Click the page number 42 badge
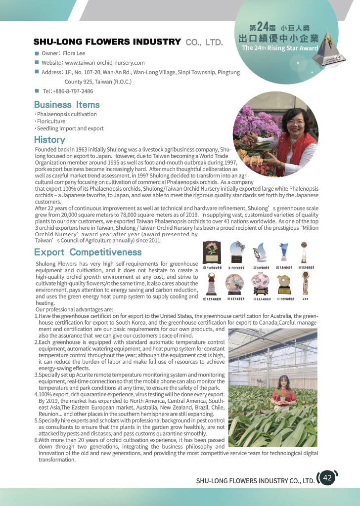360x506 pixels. pos(327,478)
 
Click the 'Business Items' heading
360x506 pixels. pos(67,105)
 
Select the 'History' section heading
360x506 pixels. pos(49,140)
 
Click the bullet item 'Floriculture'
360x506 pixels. pos(50,121)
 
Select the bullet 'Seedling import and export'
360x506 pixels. pos(69,128)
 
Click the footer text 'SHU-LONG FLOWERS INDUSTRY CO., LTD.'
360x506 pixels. pos(255,480)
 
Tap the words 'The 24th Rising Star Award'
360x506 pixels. pos(280,48)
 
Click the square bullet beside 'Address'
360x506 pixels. pos(37,72)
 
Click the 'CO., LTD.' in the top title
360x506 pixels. pos(204,42)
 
